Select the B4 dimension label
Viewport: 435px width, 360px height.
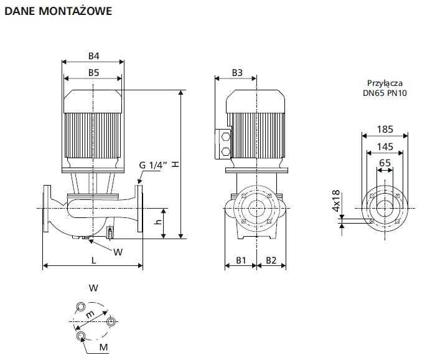click(93, 55)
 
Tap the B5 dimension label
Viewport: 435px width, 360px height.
click(93, 73)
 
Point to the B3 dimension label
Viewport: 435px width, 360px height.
click(236, 73)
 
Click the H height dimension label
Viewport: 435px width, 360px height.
click(176, 164)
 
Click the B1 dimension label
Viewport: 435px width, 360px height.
click(241, 260)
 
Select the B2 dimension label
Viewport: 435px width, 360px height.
click(271, 260)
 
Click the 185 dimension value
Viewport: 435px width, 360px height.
click(385, 130)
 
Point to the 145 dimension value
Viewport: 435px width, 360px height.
click(385, 147)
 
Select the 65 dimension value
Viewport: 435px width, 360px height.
click(385, 163)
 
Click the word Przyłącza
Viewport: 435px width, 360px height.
click(385, 83)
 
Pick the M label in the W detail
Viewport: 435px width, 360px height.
click(104, 346)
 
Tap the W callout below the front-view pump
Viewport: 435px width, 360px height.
click(118, 251)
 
